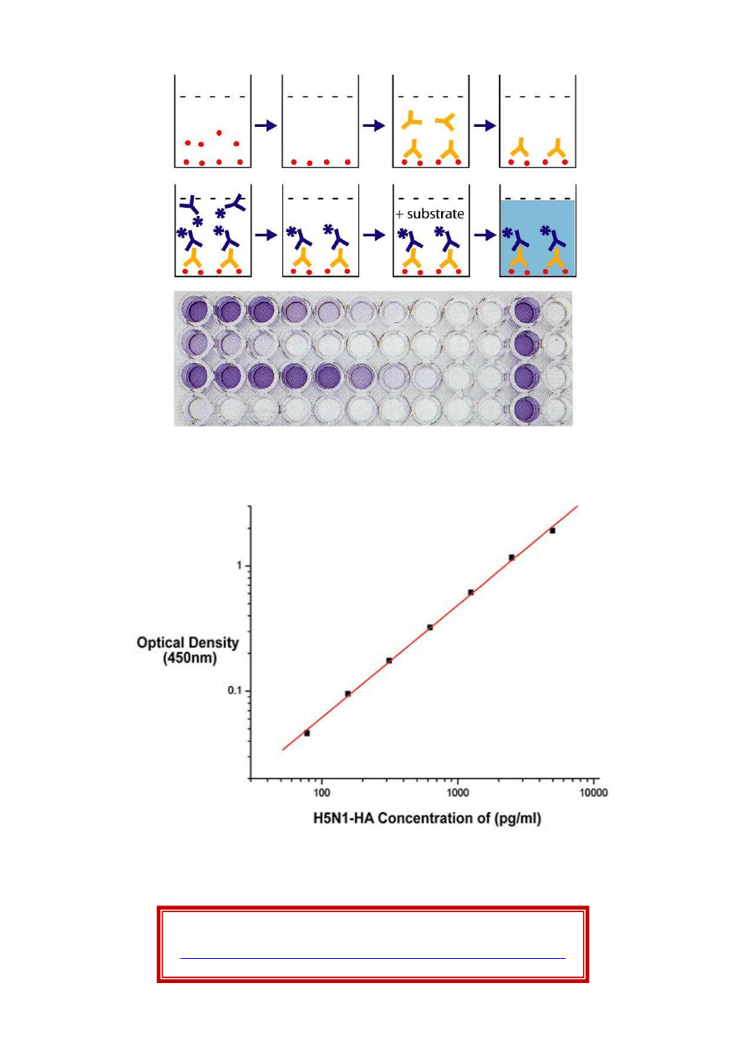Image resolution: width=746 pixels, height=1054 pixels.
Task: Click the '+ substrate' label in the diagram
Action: pos(430,214)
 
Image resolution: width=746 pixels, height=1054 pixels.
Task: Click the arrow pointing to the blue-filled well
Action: pos(484,235)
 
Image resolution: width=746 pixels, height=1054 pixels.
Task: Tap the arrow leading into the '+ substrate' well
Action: pos(374,235)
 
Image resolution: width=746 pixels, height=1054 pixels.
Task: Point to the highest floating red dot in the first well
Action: pos(219,132)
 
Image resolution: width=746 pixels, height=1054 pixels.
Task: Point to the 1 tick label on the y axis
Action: pos(241,566)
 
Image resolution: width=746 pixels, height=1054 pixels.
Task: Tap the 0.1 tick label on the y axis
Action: pos(236,691)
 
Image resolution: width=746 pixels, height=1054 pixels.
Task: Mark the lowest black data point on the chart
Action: pos(307,733)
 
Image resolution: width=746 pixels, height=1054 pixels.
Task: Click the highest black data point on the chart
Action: pos(552,530)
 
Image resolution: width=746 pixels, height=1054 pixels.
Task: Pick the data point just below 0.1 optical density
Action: pos(348,693)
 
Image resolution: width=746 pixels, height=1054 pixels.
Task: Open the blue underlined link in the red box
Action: pos(373,958)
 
